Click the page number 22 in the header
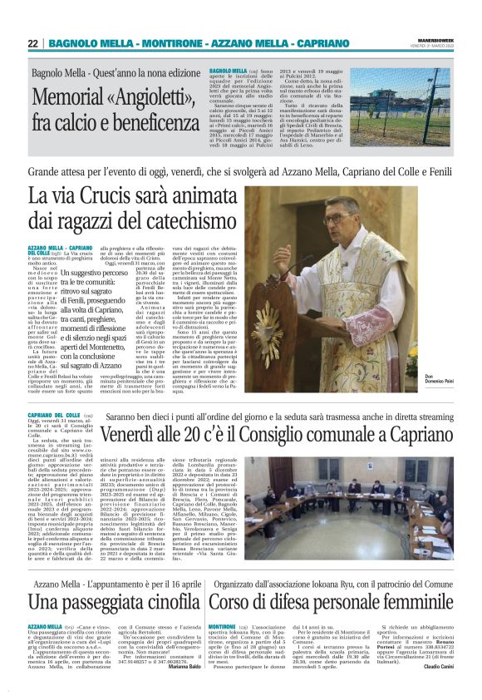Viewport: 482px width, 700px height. (x=32, y=43)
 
